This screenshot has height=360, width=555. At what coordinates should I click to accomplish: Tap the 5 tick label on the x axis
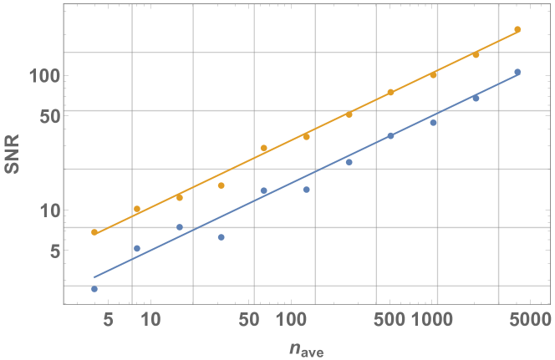pyautogui.click(x=107, y=320)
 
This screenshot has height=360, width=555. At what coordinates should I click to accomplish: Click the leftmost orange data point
pyautogui.click(x=94, y=232)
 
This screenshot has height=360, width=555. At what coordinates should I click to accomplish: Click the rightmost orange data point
pyautogui.click(x=517, y=29)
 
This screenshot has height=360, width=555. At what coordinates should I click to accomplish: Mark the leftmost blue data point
pyautogui.click(x=94, y=289)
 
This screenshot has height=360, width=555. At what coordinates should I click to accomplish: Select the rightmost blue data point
pyautogui.click(x=517, y=72)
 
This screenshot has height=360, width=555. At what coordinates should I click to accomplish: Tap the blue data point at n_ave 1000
pyautogui.click(x=433, y=123)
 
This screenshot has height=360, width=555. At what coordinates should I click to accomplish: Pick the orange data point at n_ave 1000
pyautogui.click(x=433, y=75)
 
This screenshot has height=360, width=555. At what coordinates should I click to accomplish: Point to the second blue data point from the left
pyautogui.click(x=137, y=248)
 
